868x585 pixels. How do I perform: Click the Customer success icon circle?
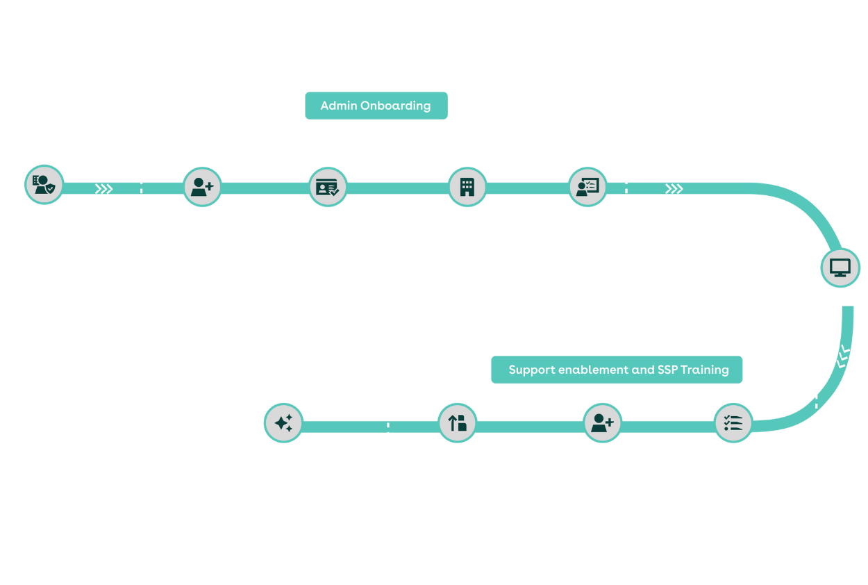[x=44, y=186]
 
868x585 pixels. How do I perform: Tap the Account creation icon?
[x=202, y=187]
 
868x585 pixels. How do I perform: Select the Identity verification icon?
[x=327, y=187]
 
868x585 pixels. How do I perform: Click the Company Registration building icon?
[x=467, y=186]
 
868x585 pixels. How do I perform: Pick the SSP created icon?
[x=587, y=186]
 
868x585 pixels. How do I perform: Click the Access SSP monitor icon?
[x=840, y=268]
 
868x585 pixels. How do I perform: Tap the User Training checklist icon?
[x=733, y=423]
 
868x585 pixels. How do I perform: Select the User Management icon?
[x=602, y=423]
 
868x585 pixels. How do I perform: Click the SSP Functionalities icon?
[x=457, y=423]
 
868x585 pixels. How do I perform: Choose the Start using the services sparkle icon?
[x=283, y=423]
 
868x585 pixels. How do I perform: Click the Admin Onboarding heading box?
[x=376, y=106]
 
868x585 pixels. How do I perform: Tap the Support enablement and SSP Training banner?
[x=617, y=370]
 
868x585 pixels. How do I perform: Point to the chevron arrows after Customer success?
[x=103, y=189]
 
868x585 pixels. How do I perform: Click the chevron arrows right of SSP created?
[x=674, y=189]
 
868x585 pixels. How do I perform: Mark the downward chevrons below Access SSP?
[x=843, y=356]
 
